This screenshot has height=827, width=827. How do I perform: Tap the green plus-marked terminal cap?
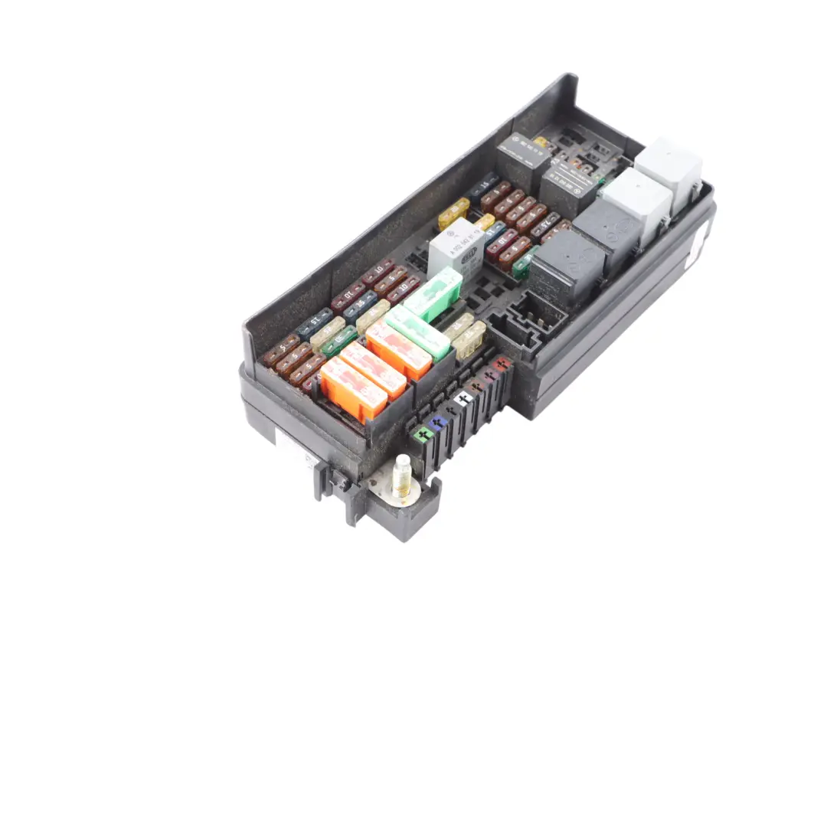click(422, 435)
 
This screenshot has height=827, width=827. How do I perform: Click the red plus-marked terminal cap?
click(502, 364)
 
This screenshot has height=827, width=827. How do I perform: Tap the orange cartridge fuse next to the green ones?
click(398, 349)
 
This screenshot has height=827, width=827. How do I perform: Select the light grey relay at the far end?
click(668, 173)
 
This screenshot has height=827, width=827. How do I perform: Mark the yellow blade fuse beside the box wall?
click(453, 213)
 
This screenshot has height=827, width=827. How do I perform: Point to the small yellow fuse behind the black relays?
click(542, 142)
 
